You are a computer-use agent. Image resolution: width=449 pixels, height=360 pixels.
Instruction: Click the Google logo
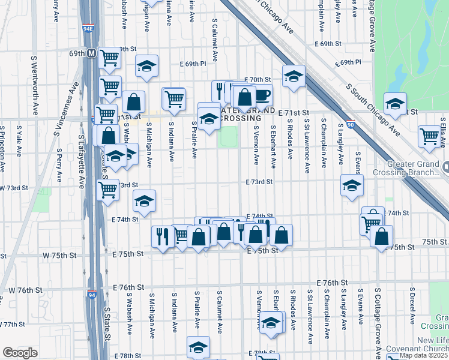pos(20,353)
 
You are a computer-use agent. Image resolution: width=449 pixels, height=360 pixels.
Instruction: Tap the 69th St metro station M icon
pos(92,53)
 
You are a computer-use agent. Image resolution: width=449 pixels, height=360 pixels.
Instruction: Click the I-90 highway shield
pos(350,123)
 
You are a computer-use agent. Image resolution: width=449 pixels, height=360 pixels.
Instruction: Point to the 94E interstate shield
pos(88,28)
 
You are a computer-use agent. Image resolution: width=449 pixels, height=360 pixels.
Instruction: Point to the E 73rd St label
pos(259,181)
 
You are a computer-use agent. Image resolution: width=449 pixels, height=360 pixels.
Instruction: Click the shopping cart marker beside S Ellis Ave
pos(430,136)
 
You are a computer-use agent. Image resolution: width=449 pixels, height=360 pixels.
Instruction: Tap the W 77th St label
pos(12,324)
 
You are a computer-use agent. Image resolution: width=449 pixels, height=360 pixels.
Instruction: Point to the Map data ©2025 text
pos(424,355)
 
